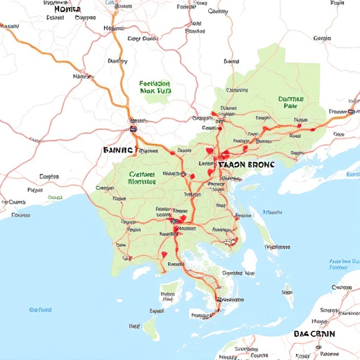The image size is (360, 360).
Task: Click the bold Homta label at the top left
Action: pos(67,10)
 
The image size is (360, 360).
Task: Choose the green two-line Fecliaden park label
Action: pos(155,86)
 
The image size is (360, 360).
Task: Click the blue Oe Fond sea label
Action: pos(41,309)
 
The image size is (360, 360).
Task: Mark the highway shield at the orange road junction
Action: pos(133,129)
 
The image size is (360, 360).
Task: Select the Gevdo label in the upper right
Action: pos(322,38)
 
